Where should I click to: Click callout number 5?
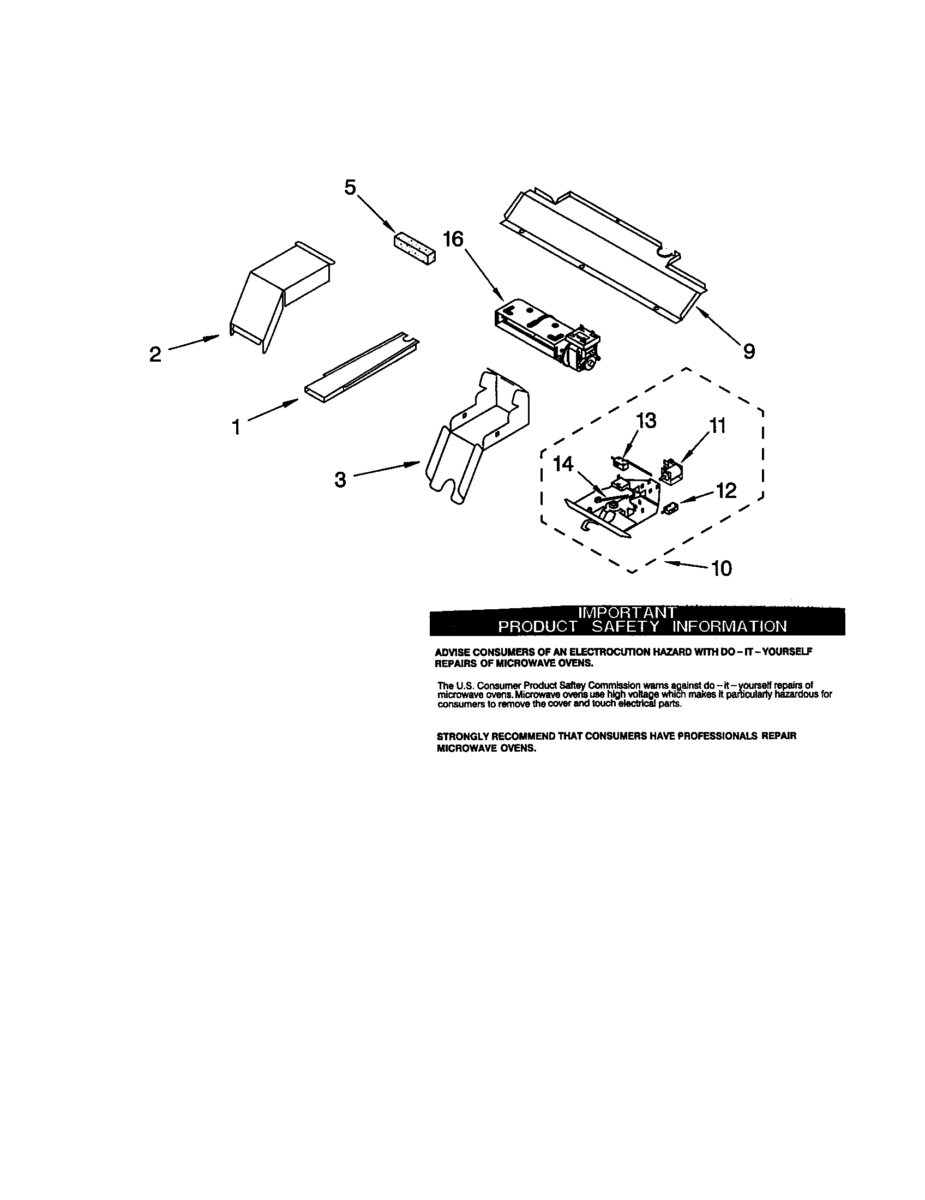coord(350,188)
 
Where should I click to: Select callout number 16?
coord(454,239)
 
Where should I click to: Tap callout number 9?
coord(749,351)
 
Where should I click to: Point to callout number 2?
coord(155,355)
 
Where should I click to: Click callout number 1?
coord(236,427)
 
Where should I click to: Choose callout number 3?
coord(340,479)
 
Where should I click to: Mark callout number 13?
coord(646,421)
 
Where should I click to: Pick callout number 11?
coord(717,425)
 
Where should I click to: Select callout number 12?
coord(726,491)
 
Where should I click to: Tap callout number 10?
coord(722,569)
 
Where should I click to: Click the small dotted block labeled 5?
coord(415,248)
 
